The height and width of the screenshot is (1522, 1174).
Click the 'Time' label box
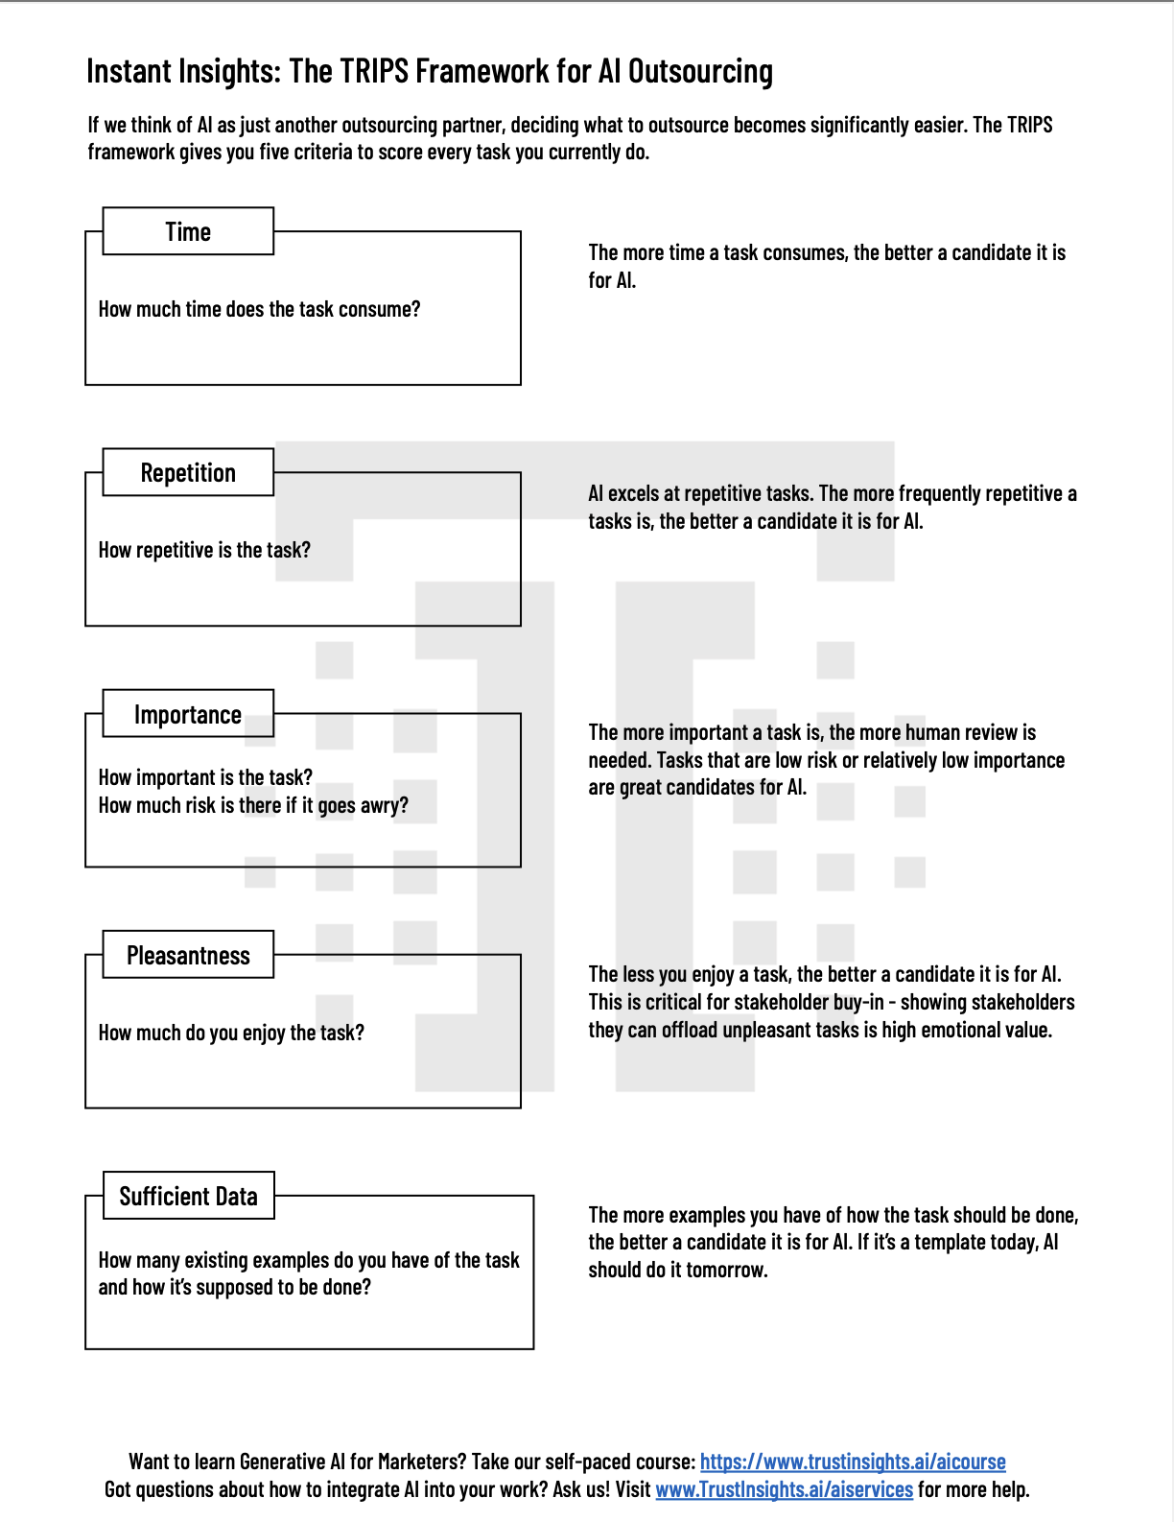pos(188,231)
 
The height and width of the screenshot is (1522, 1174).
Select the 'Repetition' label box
pos(188,472)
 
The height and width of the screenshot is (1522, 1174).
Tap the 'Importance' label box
pos(188,714)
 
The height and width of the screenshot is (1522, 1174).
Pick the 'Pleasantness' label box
pos(188,955)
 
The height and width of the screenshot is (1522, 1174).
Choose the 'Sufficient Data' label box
pos(188,1196)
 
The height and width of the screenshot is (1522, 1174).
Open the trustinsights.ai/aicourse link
pos(853,1462)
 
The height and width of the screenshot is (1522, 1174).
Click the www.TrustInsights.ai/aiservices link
pos(784,1489)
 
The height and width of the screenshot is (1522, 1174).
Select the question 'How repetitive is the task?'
pos(204,550)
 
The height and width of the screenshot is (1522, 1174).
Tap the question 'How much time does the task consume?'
pos(259,309)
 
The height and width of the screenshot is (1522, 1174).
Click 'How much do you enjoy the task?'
pos(231,1033)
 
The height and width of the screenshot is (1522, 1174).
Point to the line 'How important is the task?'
pos(205,777)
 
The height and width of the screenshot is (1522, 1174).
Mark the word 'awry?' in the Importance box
pos(384,805)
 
